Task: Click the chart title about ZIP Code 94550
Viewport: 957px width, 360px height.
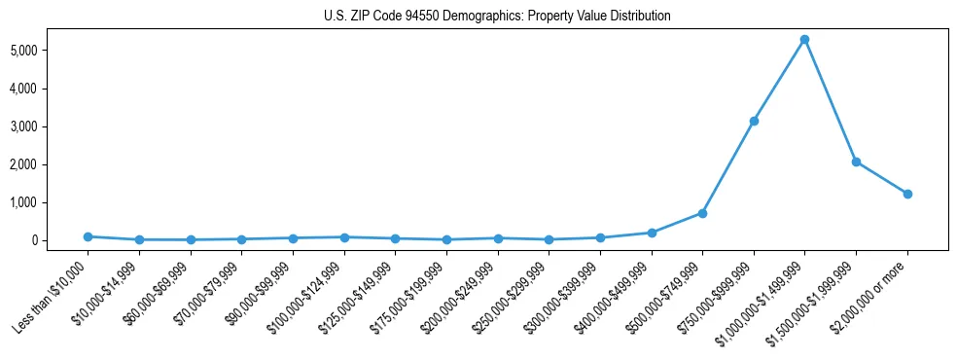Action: coord(497,17)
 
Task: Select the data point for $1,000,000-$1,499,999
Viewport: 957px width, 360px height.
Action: coord(804,40)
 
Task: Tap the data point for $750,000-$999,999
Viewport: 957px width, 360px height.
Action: coord(753,122)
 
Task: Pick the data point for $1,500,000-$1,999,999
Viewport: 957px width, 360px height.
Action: coord(856,162)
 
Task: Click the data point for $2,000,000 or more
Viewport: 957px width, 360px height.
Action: coord(907,194)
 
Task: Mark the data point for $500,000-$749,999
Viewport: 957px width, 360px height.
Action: coord(702,213)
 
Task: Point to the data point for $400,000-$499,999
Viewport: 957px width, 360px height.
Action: coord(651,233)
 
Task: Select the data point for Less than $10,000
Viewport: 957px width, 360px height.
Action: coord(88,236)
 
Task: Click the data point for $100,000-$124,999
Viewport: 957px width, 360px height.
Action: coord(343,237)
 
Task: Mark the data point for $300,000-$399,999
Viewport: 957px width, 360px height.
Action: coord(600,237)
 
